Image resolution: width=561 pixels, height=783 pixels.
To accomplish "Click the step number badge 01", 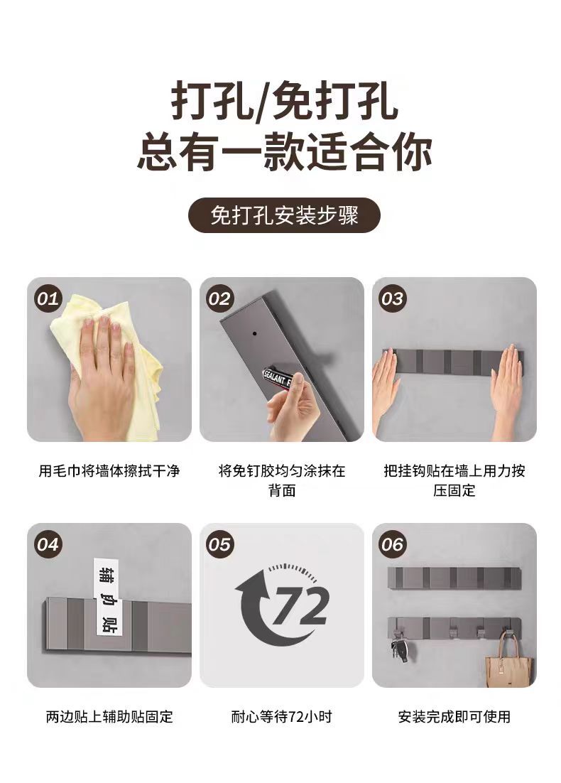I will coord(48,298).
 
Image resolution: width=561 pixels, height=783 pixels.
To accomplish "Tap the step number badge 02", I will coord(220,298).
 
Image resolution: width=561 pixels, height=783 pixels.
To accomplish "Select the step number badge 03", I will coord(392,298).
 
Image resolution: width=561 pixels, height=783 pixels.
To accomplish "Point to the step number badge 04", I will coord(48,544).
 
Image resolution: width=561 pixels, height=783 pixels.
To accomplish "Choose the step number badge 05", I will coord(220,544).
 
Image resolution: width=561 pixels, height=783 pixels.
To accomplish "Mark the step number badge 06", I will coord(392,544).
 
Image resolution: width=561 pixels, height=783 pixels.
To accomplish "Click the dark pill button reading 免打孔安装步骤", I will coord(283,215).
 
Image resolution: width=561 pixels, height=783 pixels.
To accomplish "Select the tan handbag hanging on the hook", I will coord(508,661).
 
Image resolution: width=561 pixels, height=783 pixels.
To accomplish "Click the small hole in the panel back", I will coord(252,331).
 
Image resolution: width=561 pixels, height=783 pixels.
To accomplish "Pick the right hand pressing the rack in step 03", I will coord(507,384).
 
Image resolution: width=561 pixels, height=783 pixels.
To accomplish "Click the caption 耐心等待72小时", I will coord(281,717).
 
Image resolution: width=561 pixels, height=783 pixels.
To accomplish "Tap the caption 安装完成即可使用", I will coord(454,717).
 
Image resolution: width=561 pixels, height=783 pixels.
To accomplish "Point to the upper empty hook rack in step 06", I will coord(454,578).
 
